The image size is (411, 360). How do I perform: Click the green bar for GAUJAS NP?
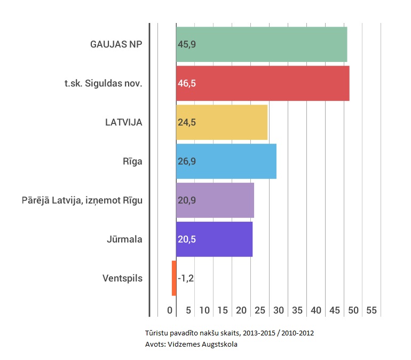[x=262, y=44]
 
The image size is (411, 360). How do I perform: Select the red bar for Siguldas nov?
[x=263, y=83]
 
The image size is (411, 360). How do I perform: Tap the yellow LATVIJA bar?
[x=222, y=122]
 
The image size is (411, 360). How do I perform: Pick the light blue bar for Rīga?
[x=226, y=161]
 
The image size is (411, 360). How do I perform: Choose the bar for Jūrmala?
[x=214, y=239]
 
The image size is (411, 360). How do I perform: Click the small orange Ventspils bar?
[x=174, y=278]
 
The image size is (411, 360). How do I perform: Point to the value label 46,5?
[x=187, y=83]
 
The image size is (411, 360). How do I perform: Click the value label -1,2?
[x=186, y=278]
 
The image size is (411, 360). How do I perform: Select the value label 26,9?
[x=187, y=161]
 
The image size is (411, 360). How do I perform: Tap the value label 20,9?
[x=187, y=200]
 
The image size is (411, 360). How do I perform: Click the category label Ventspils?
[x=122, y=278]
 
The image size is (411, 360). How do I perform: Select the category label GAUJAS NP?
[x=116, y=44]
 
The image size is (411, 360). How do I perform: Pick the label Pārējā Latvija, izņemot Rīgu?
[x=82, y=200]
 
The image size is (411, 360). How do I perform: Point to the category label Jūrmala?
[x=124, y=239]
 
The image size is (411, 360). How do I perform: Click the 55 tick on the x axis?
[x=372, y=310]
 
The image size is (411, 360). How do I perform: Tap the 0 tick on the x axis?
[x=170, y=310]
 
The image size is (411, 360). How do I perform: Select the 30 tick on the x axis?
[x=279, y=310]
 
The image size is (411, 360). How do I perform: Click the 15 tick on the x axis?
[x=223, y=310]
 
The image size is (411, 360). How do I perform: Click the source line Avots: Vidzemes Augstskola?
[x=191, y=344]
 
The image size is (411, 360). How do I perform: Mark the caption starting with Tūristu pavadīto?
[x=229, y=333]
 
